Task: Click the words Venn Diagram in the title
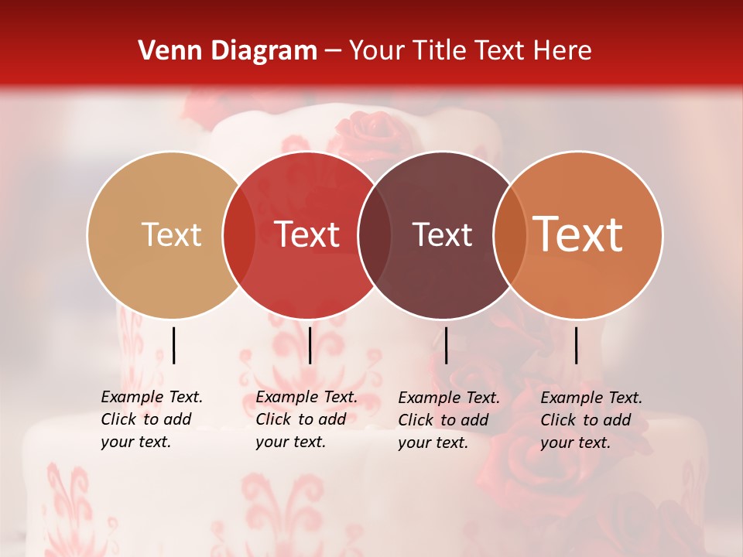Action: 228,51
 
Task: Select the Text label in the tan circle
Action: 171,235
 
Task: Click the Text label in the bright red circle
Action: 307,235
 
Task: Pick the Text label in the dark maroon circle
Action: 442,235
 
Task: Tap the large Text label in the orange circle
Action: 578,234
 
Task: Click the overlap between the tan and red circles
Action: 239,235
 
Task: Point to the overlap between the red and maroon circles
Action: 375,235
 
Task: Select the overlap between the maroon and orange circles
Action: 510,235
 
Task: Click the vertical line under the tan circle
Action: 174,345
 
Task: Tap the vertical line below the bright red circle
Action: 310,345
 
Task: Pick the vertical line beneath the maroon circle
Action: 446,345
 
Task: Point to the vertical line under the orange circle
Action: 577,345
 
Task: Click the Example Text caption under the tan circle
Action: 152,419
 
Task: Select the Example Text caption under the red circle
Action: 306,419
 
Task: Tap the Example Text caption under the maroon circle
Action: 449,420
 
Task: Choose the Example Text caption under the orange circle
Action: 591,420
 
